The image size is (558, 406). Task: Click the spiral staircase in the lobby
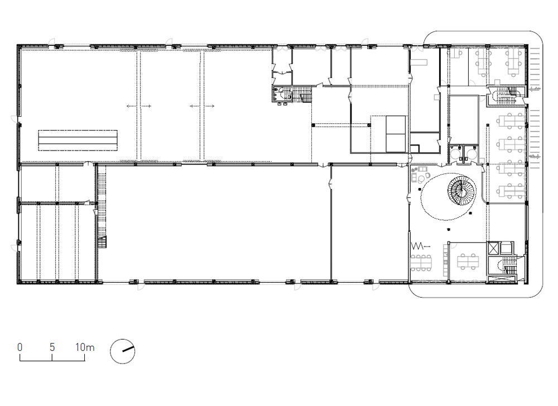coord(461,191)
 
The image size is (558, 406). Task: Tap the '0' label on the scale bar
coord(20,347)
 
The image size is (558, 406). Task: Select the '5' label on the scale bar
coord(52,347)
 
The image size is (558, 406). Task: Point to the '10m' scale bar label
coord(85,347)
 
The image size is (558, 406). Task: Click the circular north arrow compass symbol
coord(122,351)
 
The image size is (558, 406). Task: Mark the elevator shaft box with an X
coord(493,248)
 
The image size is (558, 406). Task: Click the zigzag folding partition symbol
coord(417,245)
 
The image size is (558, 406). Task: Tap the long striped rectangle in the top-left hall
coord(78,141)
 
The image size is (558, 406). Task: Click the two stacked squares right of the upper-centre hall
coord(396,134)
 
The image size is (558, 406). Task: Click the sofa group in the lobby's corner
coord(420,173)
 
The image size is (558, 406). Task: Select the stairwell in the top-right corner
coord(506,95)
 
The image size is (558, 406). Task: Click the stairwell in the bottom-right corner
coord(506,266)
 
